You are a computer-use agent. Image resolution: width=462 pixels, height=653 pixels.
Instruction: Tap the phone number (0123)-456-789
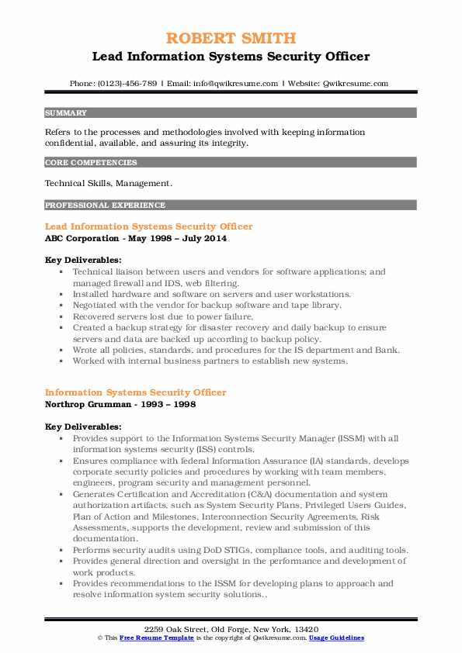point(125,83)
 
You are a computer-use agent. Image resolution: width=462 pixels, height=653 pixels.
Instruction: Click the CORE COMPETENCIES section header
point(91,163)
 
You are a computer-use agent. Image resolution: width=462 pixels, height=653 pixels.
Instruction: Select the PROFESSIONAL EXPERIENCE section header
point(105,206)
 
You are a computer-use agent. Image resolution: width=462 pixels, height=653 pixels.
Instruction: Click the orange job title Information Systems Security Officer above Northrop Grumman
point(135,392)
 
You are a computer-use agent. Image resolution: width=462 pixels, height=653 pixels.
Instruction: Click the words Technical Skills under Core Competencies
point(76,184)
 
